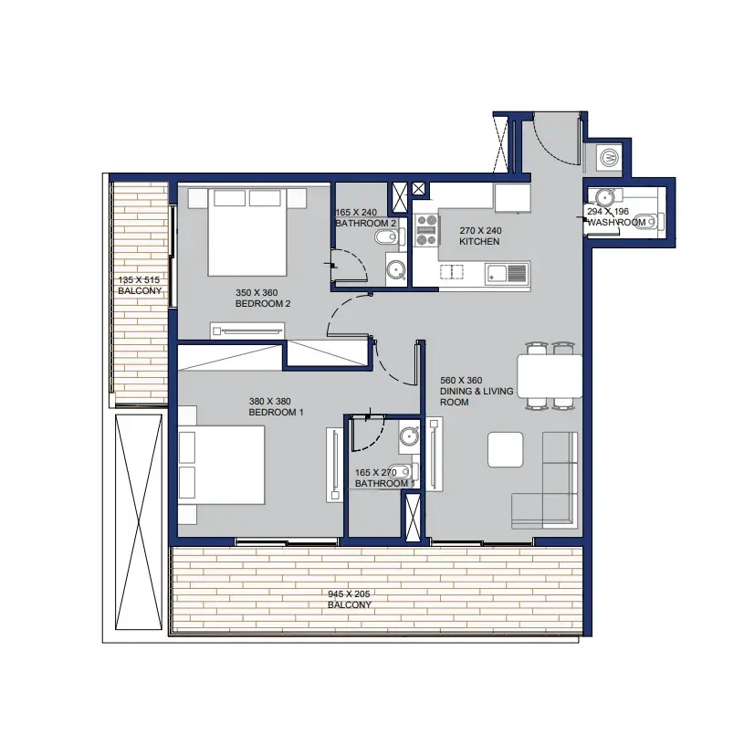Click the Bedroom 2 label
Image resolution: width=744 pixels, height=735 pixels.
pyautogui.click(x=263, y=304)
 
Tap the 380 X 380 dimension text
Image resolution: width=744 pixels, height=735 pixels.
pyautogui.click(x=269, y=402)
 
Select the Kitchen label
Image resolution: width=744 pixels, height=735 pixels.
pyautogui.click(x=479, y=242)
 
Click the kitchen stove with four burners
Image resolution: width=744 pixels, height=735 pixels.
pyautogui.click(x=426, y=230)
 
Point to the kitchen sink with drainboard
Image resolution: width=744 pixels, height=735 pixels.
pyautogui.click(x=506, y=274)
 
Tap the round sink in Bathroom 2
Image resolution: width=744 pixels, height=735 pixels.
pyautogui.click(x=395, y=269)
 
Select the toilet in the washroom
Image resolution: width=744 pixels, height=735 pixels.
pyautogui.click(x=649, y=221)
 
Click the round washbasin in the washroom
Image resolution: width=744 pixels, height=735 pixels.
pyautogui.click(x=604, y=196)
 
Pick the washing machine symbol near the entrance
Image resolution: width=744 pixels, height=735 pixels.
pyautogui.click(x=609, y=156)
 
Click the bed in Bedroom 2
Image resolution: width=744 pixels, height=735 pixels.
pyautogui.click(x=247, y=232)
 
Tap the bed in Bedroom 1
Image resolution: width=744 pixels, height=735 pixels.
pyautogui.click(x=221, y=465)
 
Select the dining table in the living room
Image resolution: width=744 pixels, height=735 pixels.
pyautogui.click(x=550, y=376)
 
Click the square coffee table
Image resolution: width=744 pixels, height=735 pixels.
pyautogui.click(x=506, y=449)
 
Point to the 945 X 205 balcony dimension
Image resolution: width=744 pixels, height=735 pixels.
pyautogui.click(x=349, y=594)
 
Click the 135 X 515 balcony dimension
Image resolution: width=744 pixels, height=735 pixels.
pyautogui.click(x=139, y=280)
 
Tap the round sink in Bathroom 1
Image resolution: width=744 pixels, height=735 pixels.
pyautogui.click(x=409, y=436)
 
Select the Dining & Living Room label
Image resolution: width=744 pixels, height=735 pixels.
pyautogui.click(x=477, y=392)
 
